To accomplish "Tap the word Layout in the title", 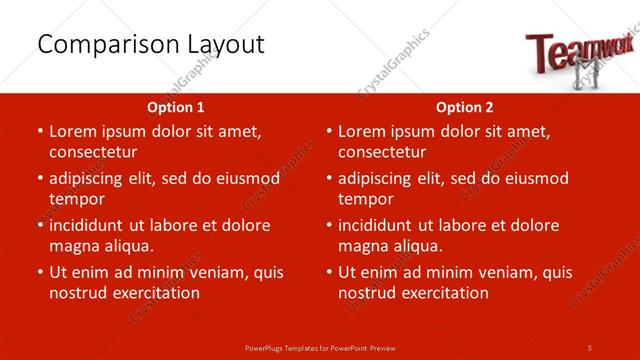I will [x=223, y=45].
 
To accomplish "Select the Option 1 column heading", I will [x=176, y=107].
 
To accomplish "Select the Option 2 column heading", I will [x=465, y=107].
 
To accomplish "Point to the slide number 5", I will [x=590, y=347].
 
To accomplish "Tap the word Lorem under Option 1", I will [x=74, y=131].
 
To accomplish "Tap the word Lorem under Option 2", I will [x=363, y=131].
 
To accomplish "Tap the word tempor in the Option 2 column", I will [x=365, y=199].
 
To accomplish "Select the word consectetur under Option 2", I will [x=382, y=152].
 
